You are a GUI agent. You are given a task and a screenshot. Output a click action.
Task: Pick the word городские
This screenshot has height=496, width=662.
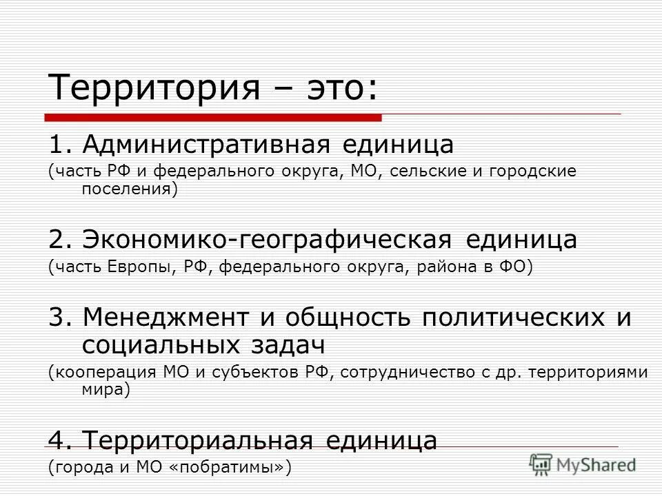click(529, 171)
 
